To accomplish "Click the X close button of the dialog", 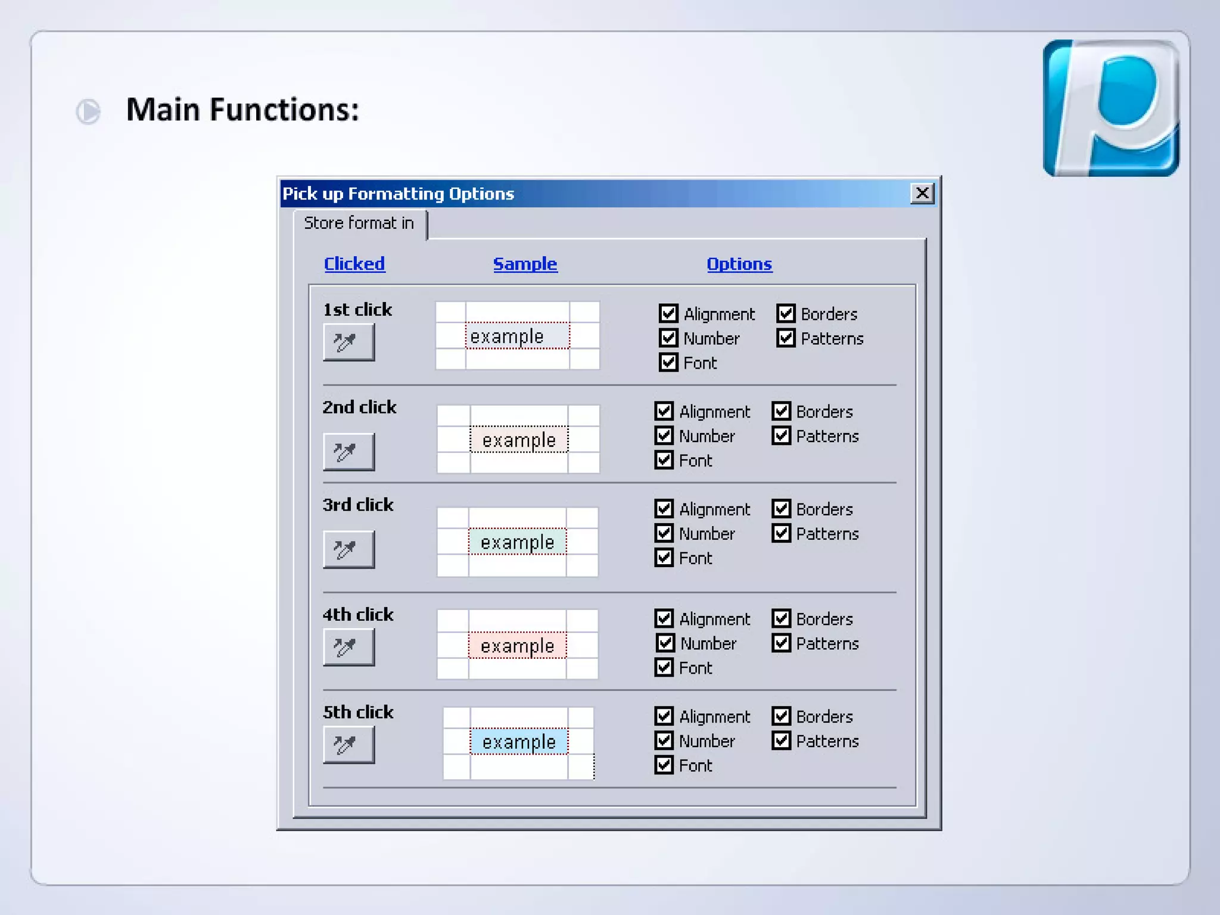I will coord(922,193).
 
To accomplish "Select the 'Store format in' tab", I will coord(359,223).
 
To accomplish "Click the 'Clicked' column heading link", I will coord(354,263).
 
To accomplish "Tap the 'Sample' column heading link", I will coord(525,263).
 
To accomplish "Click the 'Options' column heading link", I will coord(739,263).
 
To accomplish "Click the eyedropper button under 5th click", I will coord(348,745).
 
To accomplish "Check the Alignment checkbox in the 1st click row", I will coord(668,313).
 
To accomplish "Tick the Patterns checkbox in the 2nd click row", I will coord(782,435).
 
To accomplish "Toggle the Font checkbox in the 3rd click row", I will coord(664,558).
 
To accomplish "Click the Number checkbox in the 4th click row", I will coord(665,643).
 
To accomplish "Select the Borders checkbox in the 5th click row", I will coord(782,716).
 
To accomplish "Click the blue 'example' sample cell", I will coord(519,742).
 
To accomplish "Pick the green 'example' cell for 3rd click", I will coord(517,542).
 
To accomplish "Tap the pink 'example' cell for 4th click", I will coord(517,646).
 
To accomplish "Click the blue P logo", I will coord(1111,108).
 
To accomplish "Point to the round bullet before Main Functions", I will coord(88,111).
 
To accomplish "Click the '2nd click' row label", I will coord(359,407).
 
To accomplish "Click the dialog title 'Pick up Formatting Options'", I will coord(398,194).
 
